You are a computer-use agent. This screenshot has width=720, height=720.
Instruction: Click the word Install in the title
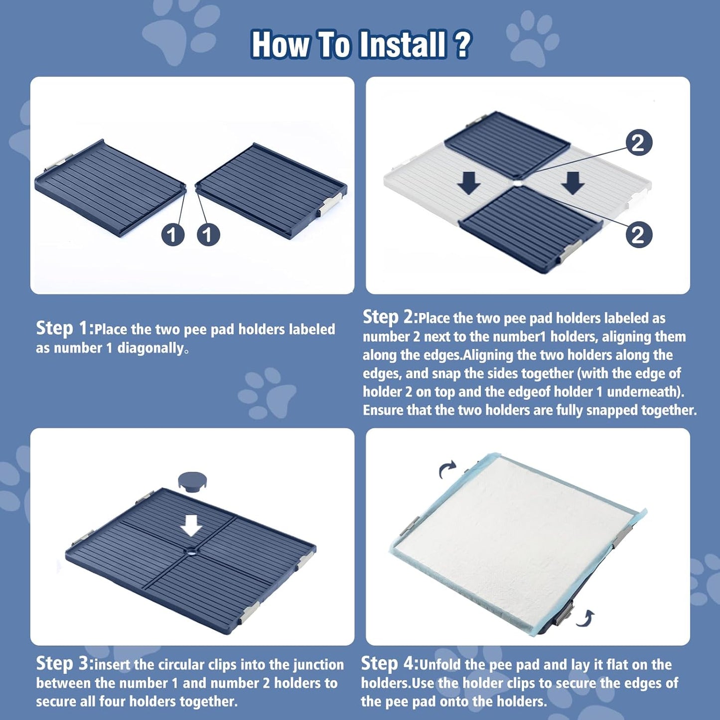point(402,45)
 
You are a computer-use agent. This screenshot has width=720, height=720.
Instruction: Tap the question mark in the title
point(463,45)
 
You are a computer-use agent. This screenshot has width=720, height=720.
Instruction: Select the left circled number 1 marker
point(172,235)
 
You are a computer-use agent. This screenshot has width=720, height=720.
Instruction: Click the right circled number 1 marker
point(208,235)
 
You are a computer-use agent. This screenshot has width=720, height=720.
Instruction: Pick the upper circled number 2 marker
point(638,144)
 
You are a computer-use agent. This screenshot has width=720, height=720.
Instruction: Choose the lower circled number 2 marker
point(638,235)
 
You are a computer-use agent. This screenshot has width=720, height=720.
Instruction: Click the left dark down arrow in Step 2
point(469,183)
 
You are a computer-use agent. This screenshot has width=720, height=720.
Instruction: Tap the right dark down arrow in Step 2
point(573,183)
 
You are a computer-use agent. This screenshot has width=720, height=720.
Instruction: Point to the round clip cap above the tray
point(192,481)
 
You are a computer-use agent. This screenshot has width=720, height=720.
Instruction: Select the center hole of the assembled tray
point(191,552)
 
